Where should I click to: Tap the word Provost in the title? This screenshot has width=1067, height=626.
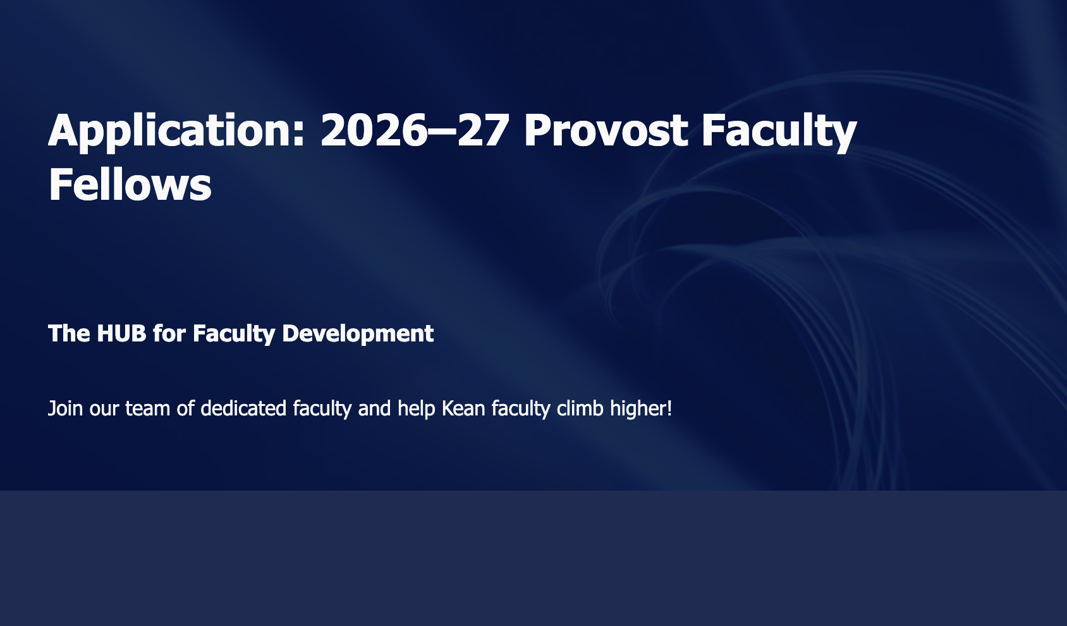(606, 130)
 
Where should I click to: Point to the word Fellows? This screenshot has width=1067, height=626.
(130, 185)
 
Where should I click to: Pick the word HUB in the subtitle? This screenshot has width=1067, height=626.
(121, 333)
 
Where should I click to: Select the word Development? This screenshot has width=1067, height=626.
(358, 334)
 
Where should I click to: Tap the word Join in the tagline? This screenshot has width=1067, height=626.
(65, 408)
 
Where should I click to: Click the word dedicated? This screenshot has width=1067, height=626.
(243, 408)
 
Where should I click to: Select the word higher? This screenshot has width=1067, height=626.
(638, 409)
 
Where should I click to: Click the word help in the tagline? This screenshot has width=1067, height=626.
(417, 409)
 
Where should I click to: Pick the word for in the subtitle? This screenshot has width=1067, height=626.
(169, 333)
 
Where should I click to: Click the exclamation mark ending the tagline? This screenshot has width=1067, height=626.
(669, 408)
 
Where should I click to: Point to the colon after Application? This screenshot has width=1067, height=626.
(298, 134)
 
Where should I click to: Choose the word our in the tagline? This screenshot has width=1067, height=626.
(104, 410)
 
